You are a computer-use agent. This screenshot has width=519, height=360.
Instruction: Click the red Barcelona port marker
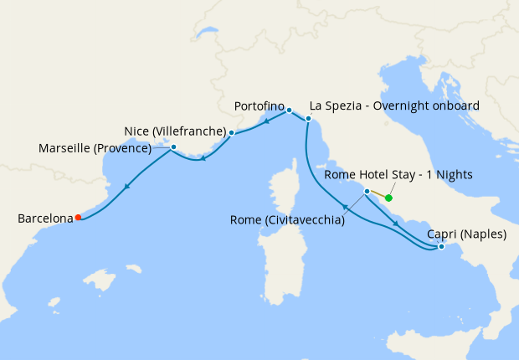tap(78, 218)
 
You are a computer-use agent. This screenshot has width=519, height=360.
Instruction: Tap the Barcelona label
tap(45, 219)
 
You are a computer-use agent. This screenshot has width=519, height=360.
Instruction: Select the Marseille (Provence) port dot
tap(173, 147)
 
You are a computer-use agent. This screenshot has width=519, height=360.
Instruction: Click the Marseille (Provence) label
tap(95, 149)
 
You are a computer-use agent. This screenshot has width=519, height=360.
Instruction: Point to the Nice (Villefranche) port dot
tap(231, 132)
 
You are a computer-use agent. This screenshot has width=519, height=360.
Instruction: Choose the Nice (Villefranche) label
tap(175, 131)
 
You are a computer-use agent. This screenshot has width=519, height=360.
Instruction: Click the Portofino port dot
tap(289, 110)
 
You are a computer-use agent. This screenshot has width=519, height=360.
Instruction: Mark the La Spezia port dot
tap(308, 119)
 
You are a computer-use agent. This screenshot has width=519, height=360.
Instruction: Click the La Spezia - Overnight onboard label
tap(394, 106)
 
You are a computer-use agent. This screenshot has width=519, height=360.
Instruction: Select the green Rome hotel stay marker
tap(388, 198)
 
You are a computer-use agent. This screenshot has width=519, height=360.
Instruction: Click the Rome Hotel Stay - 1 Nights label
tap(398, 175)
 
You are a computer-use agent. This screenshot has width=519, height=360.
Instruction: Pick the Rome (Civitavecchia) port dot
tap(367, 192)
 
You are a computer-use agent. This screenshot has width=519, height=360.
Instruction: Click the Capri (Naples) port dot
tap(441, 246)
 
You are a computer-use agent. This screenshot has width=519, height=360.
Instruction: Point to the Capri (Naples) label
tap(465, 234)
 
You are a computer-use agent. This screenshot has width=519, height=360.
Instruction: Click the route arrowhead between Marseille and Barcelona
tap(126, 188)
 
